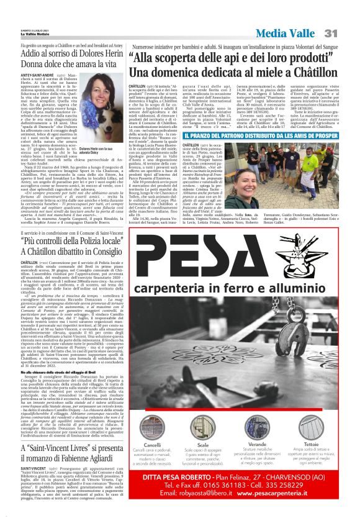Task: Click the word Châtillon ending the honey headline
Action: click(x=308, y=71)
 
